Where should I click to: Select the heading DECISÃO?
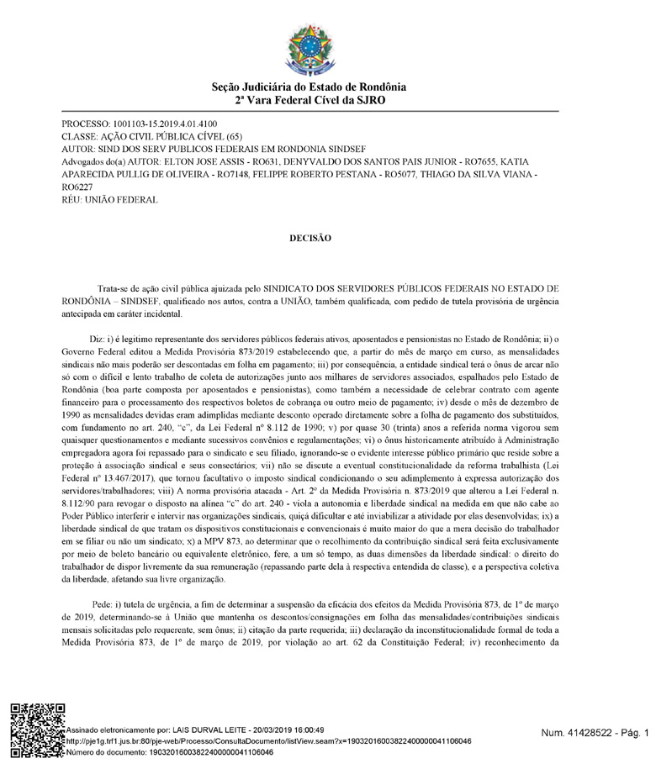click(310, 238)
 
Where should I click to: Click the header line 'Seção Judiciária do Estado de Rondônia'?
click(309, 87)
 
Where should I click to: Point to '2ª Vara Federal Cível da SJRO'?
click(309, 99)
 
